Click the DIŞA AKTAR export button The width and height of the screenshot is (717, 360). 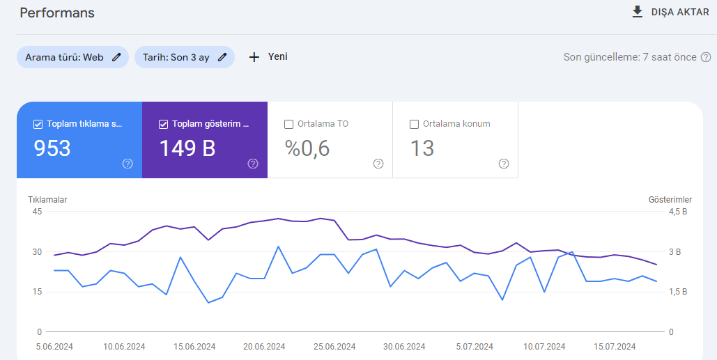[x=670, y=13]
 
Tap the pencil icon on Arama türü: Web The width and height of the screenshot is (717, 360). [x=116, y=57]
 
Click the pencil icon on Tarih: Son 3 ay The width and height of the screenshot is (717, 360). [x=222, y=57]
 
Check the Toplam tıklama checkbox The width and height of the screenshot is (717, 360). [x=38, y=124]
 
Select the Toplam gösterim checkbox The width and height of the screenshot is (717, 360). [x=163, y=124]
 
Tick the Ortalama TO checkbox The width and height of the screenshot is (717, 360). [x=288, y=124]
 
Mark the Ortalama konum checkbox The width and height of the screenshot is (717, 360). [x=415, y=124]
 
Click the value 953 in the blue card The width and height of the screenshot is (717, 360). [x=52, y=148]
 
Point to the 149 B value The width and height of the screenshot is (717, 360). [x=187, y=148]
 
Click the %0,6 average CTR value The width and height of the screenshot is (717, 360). [x=307, y=148]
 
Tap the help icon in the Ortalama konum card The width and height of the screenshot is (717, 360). [x=504, y=164]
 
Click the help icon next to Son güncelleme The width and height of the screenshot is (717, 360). [x=706, y=57]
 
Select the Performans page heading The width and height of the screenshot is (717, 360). [x=57, y=13]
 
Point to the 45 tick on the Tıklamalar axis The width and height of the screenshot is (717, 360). [x=37, y=212]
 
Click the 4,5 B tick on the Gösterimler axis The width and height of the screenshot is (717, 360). [x=678, y=212]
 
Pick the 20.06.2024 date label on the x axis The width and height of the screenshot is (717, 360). [x=264, y=347]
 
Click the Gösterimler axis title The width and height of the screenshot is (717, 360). [x=670, y=200]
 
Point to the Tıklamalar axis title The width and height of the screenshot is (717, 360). [x=47, y=200]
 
